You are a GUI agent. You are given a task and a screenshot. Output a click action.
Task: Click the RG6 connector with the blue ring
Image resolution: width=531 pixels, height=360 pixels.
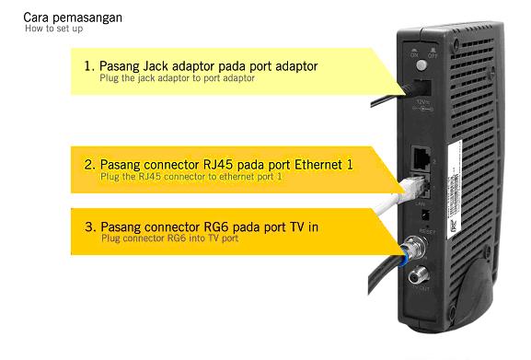[x=411, y=248]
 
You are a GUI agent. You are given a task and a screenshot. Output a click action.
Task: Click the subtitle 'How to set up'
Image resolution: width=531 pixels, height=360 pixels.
[x=52, y=29]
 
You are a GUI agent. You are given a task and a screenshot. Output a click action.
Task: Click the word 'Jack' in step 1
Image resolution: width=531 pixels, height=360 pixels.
[x=162, y=67]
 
